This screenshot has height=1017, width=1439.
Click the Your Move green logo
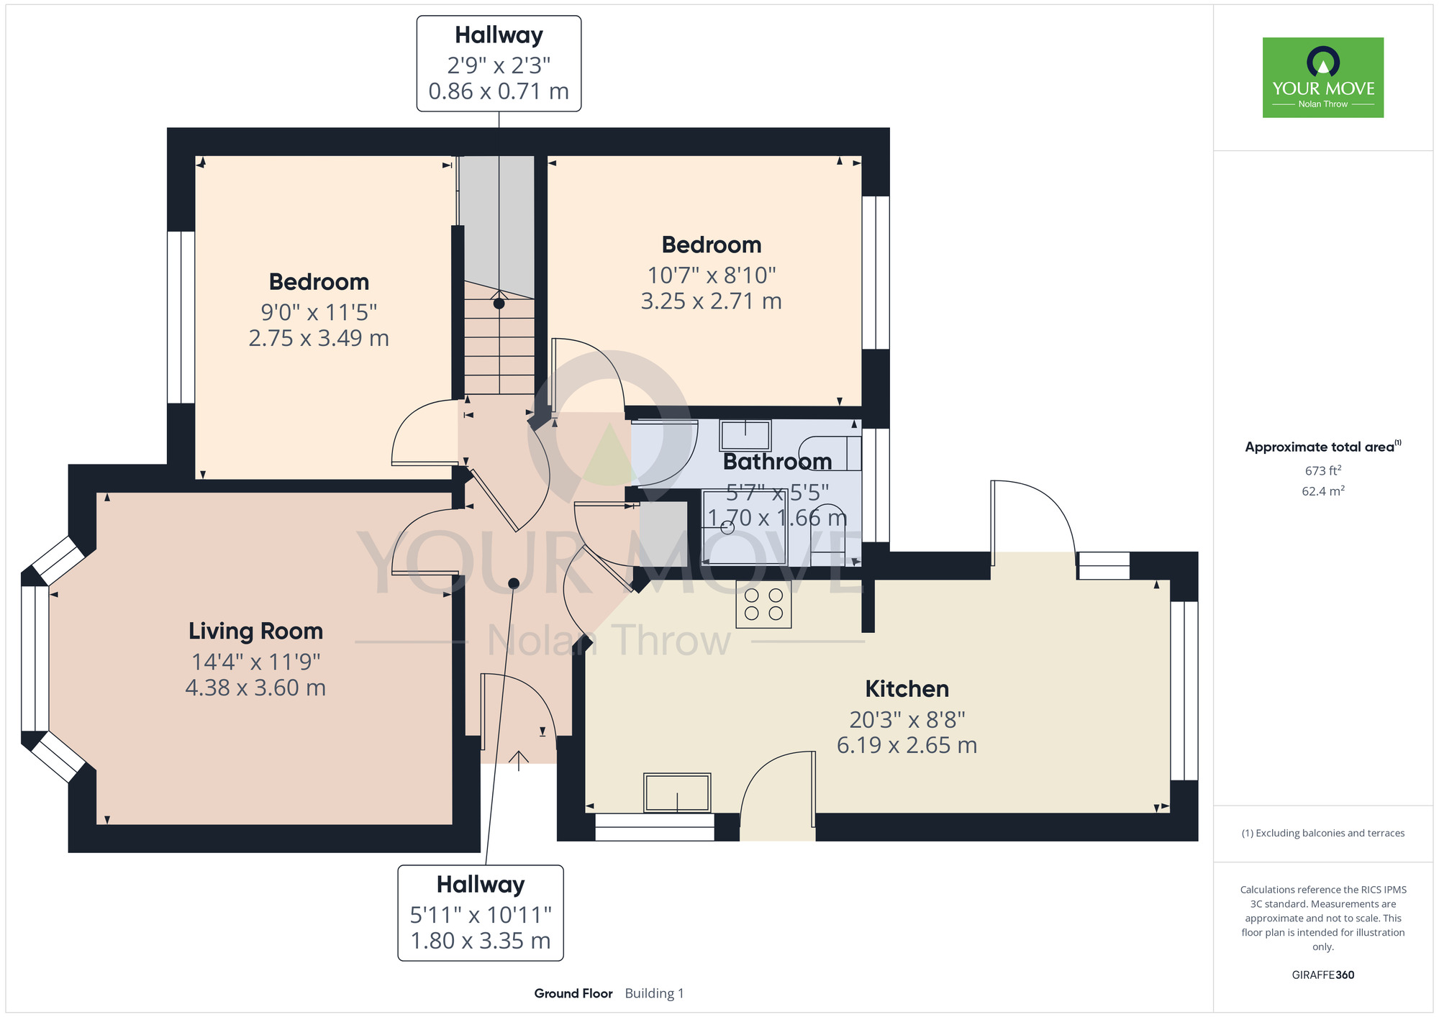click(x=1322, y=78)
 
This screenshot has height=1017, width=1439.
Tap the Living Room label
click(x=255, y=631)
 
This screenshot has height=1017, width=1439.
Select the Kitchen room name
click(x=907, y=689)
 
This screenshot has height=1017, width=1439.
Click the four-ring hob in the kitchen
click(x=763, y=604)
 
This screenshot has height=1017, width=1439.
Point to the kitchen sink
click(x=677, y=793)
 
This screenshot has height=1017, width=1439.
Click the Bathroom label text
click(x=777, y=461)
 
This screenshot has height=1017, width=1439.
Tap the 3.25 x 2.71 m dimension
click(x=711, y=301)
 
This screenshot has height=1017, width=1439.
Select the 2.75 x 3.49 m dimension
click(x=319, y=339)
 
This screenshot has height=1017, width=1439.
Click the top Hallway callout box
click(x=499, y=63)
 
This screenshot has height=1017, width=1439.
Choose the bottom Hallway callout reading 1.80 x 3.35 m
click(x=481, y=913)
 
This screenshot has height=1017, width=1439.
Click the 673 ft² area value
click(x=1323, y=470)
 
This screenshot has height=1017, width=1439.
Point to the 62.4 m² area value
click(x=1323, y=491)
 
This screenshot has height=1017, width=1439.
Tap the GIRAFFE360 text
click(x=1323, y=975)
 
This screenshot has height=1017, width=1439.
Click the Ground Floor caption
click(x=573, y=993)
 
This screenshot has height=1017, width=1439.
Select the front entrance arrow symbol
click(x=519, y=760)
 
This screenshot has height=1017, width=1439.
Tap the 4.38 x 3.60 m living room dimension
click(x=255, y=688)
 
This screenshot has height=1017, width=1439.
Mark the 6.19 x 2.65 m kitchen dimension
click(x=907, y=745)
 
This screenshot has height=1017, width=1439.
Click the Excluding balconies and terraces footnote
click(x=1323, y=833)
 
